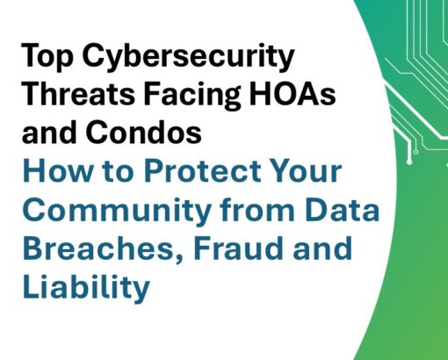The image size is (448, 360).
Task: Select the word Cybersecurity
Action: pos(188,57)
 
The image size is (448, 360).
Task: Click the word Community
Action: pos(117,212)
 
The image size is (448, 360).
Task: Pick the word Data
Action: pos(342,209)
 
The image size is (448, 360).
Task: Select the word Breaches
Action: pos(103,249)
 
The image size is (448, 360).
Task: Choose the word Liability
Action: pos(86,287)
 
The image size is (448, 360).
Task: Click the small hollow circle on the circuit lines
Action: pos(415,152)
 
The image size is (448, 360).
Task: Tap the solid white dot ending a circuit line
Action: pos(409,162)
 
